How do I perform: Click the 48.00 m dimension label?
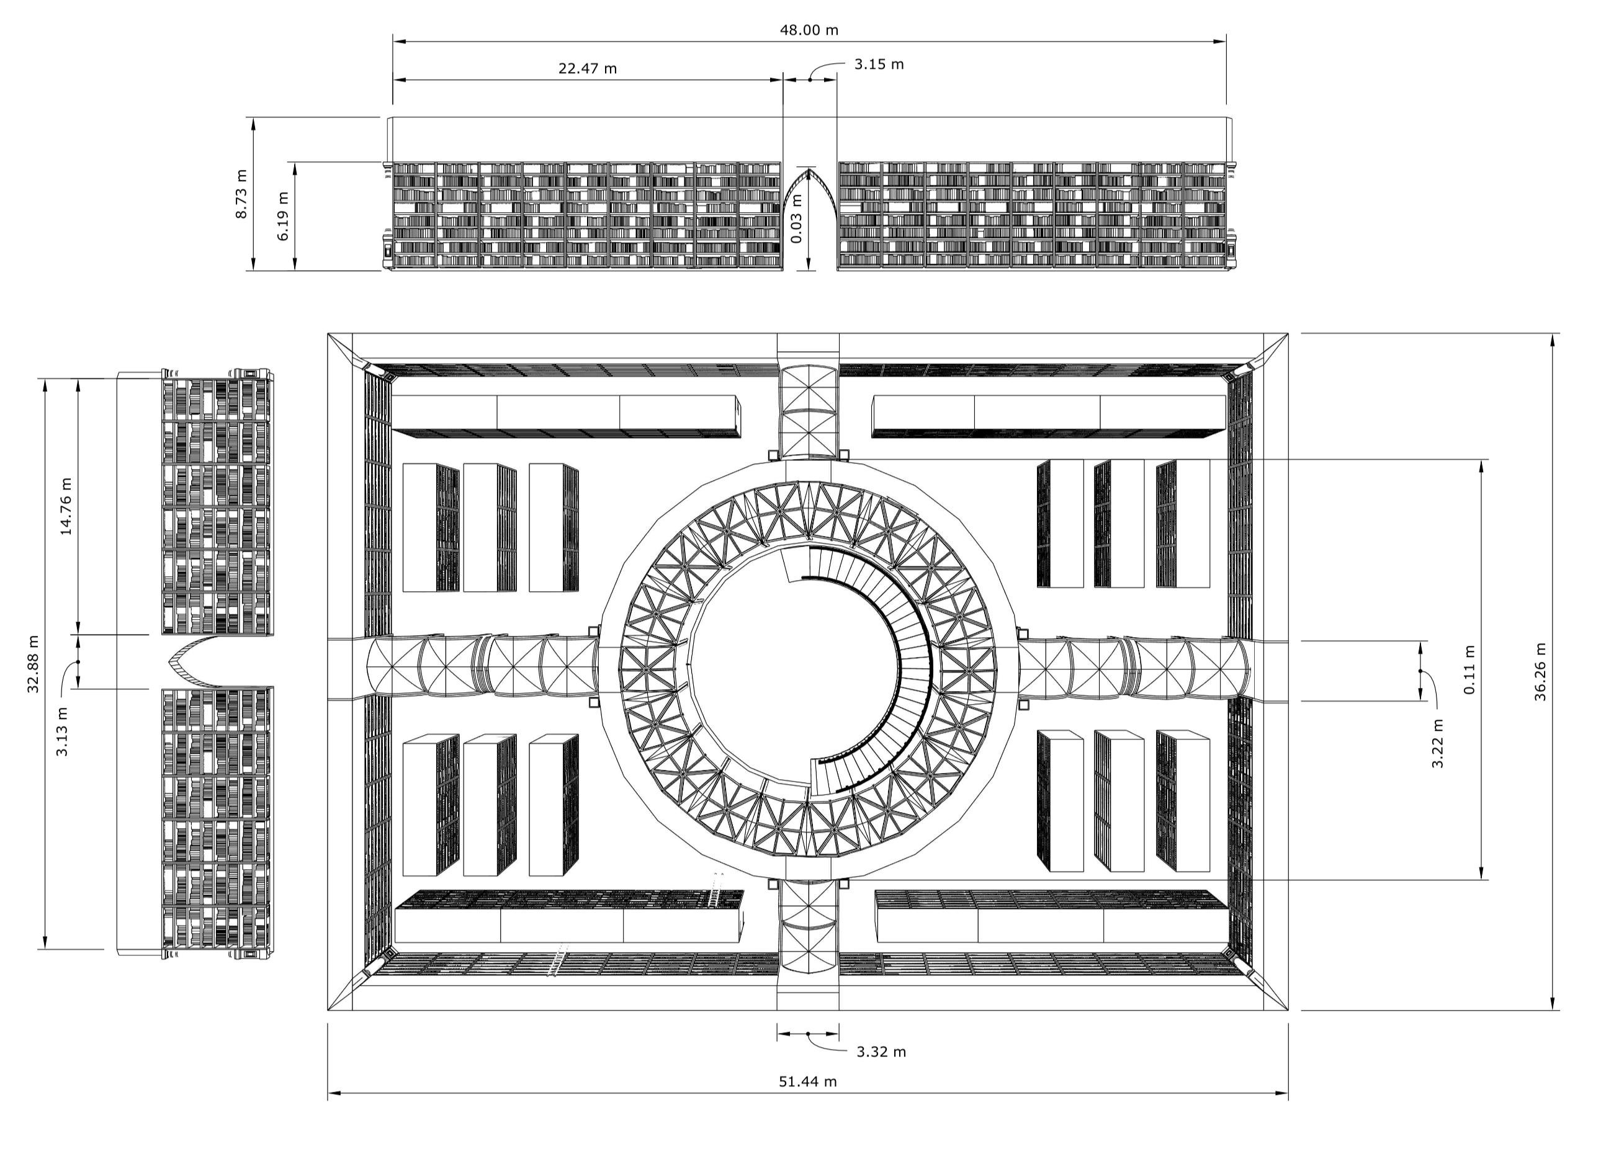(x=809, y=30)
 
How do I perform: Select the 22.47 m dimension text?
(x=587, y=69)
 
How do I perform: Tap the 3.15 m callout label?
(x=878, y=65)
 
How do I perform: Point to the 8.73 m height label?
(x=241, y=194)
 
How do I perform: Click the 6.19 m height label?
(x=283, y=216)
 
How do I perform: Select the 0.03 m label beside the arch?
(x=797, y=219)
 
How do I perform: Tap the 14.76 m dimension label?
(x=66, y=506)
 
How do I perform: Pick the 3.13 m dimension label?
(x=62, y=731)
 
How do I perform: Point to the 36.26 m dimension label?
(x=1540, y=671)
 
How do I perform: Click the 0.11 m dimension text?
(x=1469, y=669)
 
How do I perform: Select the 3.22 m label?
(x=1437, y=743)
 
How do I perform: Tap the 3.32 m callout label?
(x=881, y=1052)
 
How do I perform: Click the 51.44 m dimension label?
(x=807, y=1081)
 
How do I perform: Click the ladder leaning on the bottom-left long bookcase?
(x=716, y=891)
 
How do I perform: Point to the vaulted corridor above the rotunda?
(x=808, y=411)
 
